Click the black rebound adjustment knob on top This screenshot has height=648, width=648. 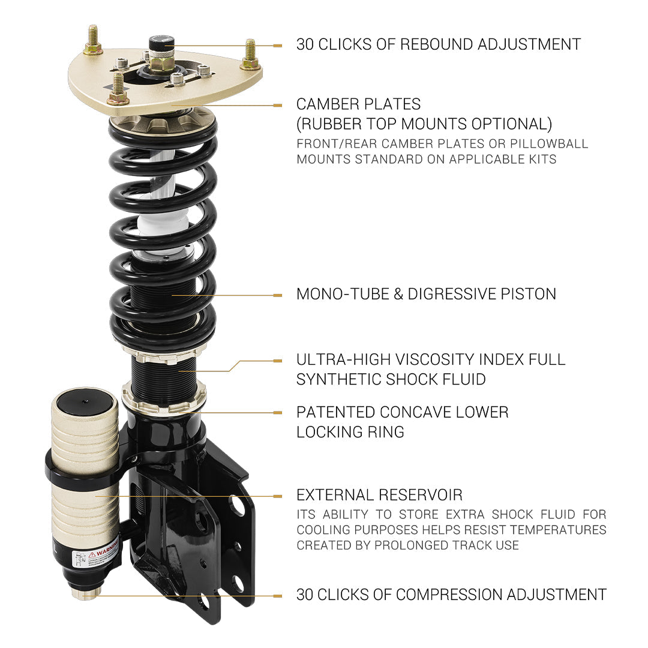[161, 44]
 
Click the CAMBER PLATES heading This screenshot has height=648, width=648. [358, 104]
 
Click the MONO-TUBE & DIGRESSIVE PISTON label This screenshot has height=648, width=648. [426, 294]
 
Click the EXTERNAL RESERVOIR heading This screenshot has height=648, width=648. [379, 495]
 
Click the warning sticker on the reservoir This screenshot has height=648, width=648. [96, 555]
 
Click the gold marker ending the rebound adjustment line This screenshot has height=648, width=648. [277, 45]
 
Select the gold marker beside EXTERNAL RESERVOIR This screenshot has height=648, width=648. [277, 496]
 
